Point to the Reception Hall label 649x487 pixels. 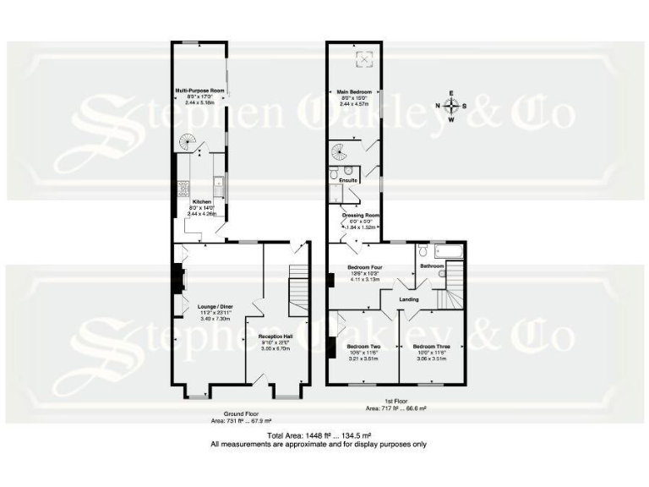(x=275, y=337)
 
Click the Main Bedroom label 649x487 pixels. (x=355, y=90)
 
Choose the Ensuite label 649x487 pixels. (x=347, y=180)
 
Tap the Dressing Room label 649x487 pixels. (x=361, y=216)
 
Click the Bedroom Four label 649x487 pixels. (x=366, y=267)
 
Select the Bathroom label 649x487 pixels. (x=432, y=266)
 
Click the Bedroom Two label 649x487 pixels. (x=363, y=347)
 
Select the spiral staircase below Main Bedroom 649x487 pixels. (x=341, y=154)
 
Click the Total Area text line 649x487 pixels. (x=324, y=435)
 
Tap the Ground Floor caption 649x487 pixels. (x=228, y=413)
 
